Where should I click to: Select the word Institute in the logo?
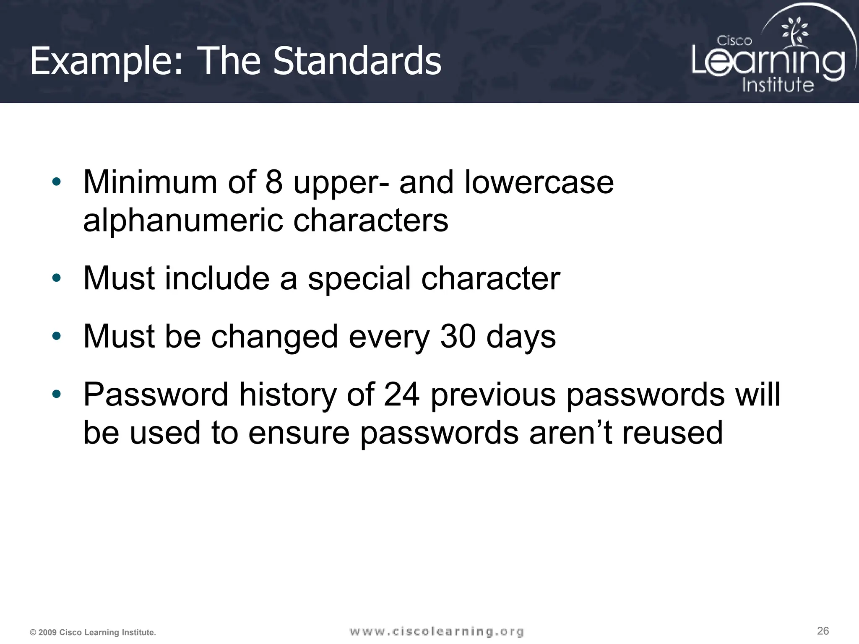point(778,84)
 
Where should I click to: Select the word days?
point(521,337)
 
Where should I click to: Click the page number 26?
point(823,631)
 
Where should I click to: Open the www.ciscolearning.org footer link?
point(436,631)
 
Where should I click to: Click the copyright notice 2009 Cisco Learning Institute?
point(93,632)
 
